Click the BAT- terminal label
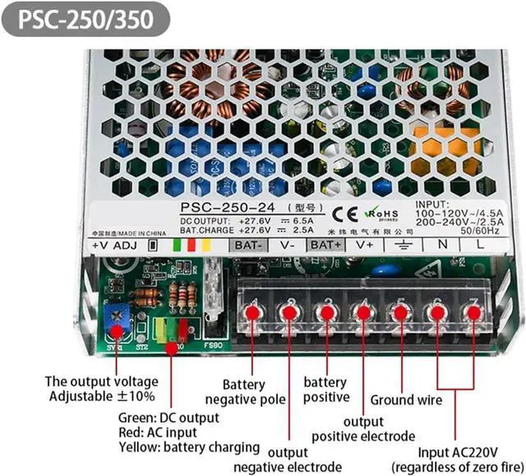pos(248,244)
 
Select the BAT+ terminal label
pos(326,244)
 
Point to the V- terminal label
pos(288,244)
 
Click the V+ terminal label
pos(365,244)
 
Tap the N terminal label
pos(441,244)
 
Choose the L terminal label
pos(479,244)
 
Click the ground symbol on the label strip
pos(404,244)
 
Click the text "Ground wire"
pos(406,400)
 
